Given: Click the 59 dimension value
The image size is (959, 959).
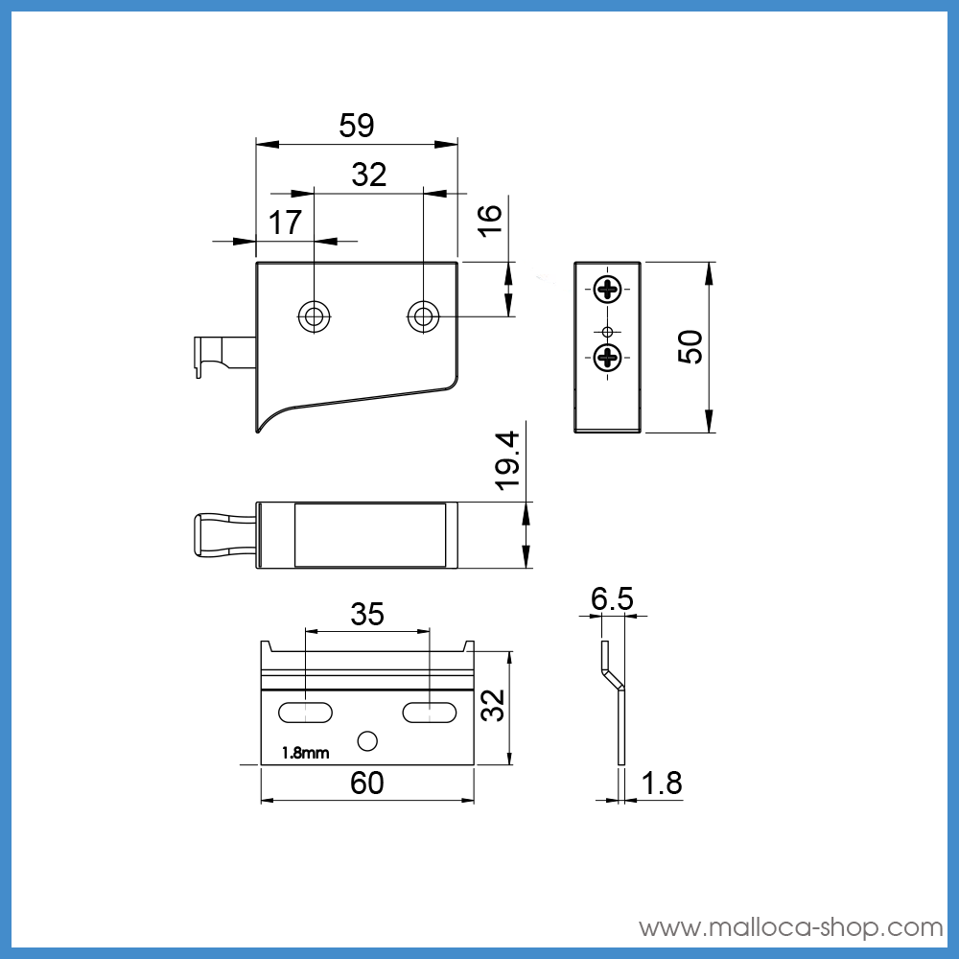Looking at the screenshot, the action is [x=357, y=126].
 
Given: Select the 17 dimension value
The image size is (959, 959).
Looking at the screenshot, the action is [x=285, y=222].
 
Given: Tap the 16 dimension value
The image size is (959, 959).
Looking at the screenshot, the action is [x=489, y=221].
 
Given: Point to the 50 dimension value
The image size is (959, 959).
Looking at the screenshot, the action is [x=690, y=347].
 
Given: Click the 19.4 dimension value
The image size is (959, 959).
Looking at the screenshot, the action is [x=507, y=461].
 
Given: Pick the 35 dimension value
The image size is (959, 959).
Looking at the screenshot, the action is [x=367, y=614].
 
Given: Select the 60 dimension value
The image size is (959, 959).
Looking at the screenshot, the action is [x=367, y=783].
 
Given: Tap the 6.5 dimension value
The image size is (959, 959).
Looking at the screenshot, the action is [x=612, y=598].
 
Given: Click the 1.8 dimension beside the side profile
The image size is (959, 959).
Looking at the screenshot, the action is [x=662, y=783].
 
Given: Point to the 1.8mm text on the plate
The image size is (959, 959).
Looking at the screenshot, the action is [x=305, y=753].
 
